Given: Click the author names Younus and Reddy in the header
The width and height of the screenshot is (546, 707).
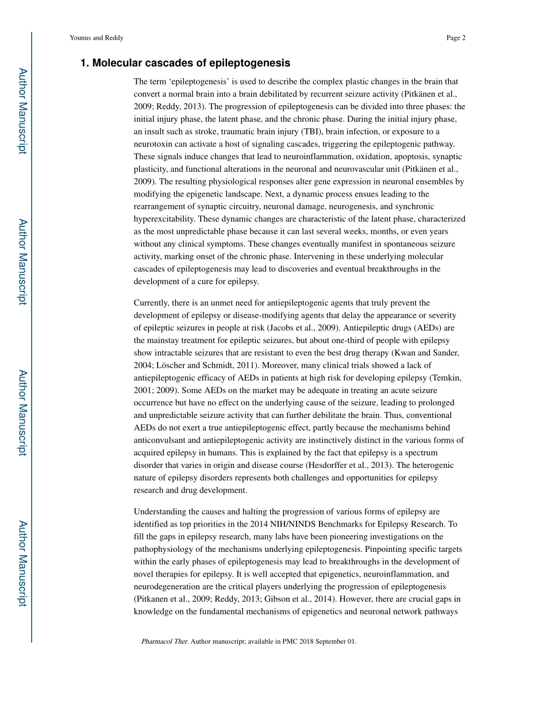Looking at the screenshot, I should [97, 38].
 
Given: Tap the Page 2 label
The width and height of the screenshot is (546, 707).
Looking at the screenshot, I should [455, 38].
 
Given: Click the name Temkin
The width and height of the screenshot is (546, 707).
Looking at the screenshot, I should [447, 378].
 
